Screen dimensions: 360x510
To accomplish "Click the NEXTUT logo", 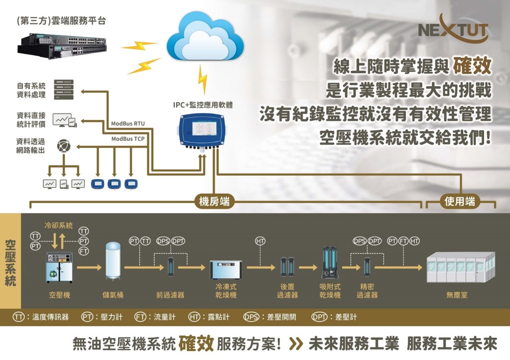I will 453,30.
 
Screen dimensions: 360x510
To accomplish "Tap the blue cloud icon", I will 205,39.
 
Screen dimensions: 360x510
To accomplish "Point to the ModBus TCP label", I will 127,139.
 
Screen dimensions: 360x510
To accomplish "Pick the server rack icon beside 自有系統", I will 63,89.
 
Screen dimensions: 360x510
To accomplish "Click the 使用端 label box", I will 460,201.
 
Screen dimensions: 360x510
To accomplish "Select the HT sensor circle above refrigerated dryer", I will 260,241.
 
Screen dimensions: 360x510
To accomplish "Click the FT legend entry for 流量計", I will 153,317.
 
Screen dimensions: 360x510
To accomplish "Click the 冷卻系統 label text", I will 58,225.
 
